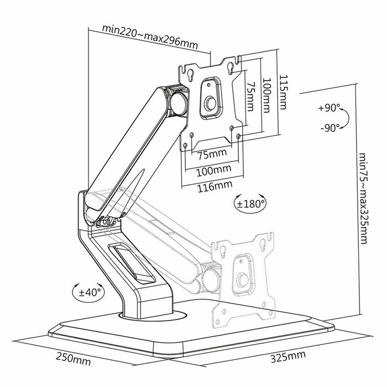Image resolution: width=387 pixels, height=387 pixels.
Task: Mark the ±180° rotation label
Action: tap(252, 203)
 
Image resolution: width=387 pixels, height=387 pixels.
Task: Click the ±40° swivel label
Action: tap(90, 291)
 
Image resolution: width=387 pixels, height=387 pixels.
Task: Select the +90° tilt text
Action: tap(331, 108)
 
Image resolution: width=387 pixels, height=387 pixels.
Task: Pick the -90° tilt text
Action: tap(331, 128)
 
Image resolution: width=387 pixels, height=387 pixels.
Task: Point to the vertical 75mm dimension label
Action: tap(250, 97)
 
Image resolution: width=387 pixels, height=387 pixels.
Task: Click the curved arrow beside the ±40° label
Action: tap(76, 291)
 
